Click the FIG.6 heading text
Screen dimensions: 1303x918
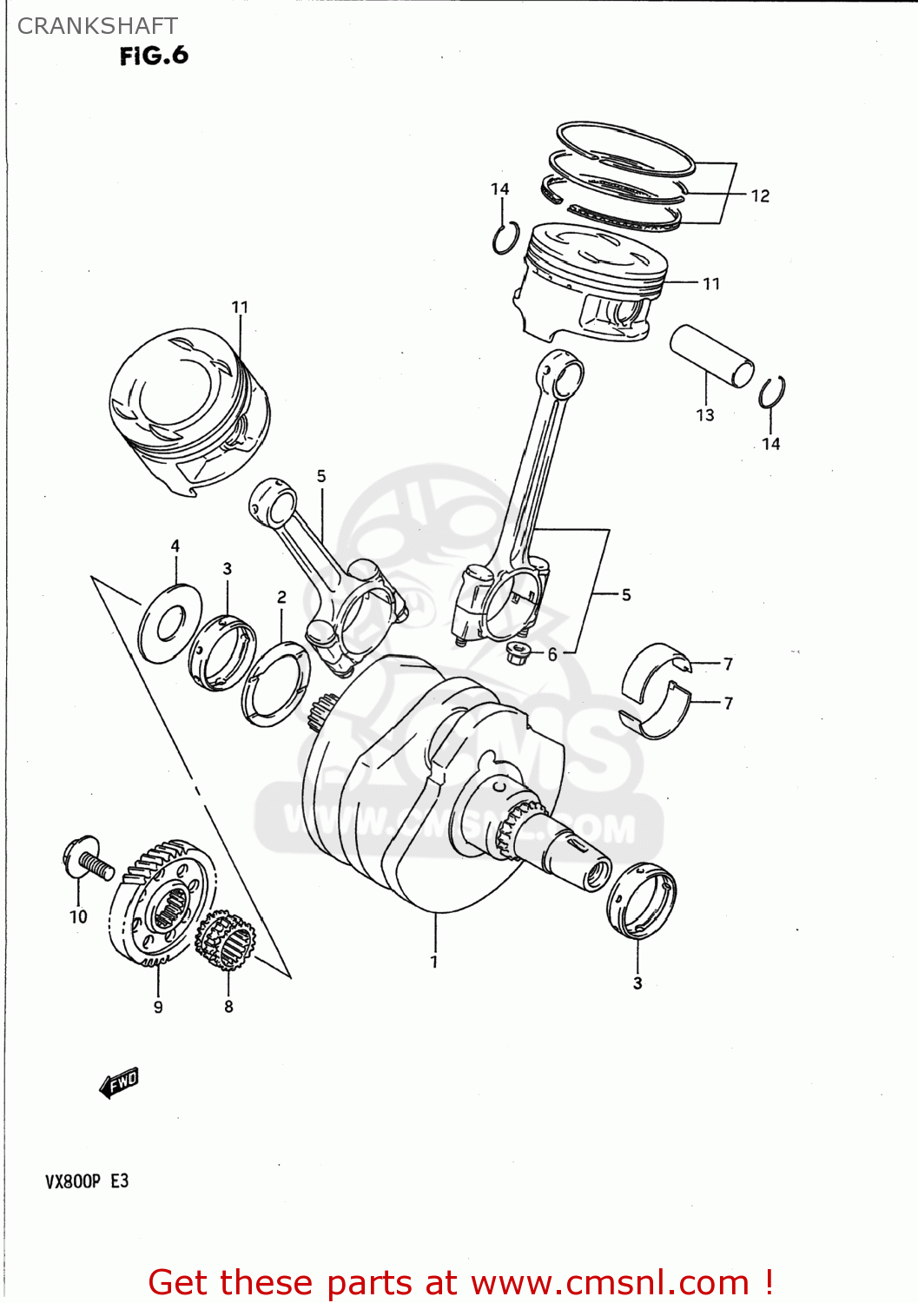[154, 56]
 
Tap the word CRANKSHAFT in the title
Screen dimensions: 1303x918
[97, 26]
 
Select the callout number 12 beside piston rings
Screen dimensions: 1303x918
[760, 196]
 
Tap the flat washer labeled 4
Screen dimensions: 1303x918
[170, 623]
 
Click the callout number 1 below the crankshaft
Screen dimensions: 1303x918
[434, 962]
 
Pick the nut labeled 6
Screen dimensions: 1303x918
[518, 652]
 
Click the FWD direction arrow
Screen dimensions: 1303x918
[119, 1082]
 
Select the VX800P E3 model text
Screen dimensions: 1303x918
[87, 1181]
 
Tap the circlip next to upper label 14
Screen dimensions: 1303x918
[505, 238]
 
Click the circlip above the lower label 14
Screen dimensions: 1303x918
[771, 393]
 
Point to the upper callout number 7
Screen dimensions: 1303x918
[728, 665]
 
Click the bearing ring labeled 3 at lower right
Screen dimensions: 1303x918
[641, 900]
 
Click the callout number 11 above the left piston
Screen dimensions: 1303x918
[240, 308]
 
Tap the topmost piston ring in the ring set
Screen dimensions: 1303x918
[625, 146]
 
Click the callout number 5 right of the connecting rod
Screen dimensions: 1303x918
[626, 595]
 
